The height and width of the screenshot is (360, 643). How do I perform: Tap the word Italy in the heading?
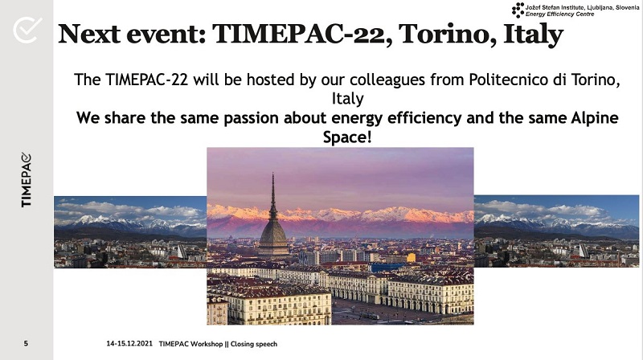point(533,35)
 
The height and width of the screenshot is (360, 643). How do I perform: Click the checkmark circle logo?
point(27,30)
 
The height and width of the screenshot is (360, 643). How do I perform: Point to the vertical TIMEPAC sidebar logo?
point(27,179)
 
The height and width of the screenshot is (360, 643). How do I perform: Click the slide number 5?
point(26,344)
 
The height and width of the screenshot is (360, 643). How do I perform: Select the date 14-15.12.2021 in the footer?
point(129,344)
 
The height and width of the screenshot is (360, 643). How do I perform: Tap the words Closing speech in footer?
point(254,344)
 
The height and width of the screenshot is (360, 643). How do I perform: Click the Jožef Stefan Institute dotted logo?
point(518,10)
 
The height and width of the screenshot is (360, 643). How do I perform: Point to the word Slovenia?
point(627,7)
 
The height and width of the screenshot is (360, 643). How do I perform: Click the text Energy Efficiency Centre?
point(559,14)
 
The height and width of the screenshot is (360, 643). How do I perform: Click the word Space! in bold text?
point(347,137)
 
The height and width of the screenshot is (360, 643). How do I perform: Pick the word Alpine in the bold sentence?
point(595,118)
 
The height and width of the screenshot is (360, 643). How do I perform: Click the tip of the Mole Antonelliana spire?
point(272,174)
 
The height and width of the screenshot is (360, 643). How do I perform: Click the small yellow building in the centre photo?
point(411,257)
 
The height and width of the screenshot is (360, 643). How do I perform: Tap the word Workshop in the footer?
point(207,344)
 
